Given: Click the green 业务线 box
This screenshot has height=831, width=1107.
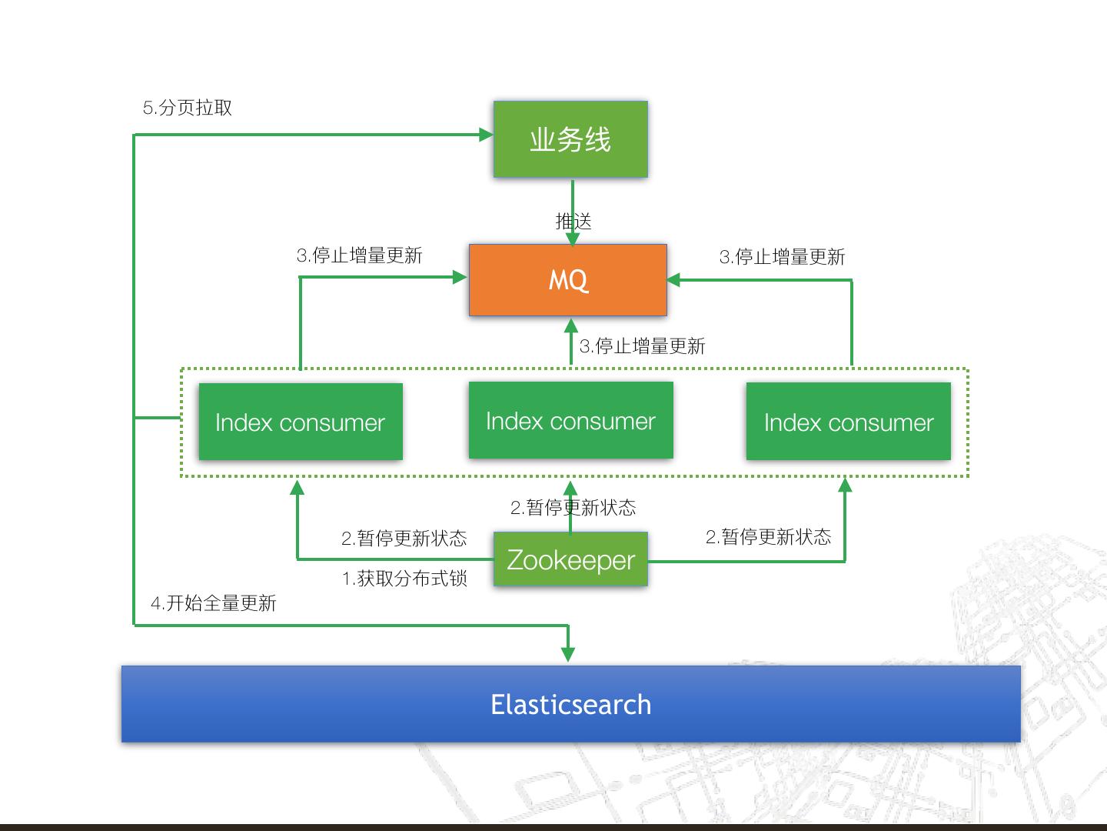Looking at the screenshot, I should pos(570,139).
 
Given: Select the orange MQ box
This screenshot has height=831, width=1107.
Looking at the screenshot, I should pos(568,280).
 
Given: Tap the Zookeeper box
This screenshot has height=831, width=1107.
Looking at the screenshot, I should pos(570,559).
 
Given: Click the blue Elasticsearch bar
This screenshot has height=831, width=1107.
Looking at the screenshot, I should pos(570,704).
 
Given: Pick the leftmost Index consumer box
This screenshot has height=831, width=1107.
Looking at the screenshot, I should pos(301,422).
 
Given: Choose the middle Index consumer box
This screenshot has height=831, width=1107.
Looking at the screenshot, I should pos(570,420).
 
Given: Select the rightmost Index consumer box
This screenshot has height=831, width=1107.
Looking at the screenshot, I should pos(848,422).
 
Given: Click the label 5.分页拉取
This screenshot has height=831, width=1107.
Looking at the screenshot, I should pos(188,108).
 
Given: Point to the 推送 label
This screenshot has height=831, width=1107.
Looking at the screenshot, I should pos(573,222).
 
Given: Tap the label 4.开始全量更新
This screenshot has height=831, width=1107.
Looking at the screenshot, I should pos(214,603).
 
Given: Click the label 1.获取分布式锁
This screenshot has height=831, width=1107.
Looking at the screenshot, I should pos(404,578).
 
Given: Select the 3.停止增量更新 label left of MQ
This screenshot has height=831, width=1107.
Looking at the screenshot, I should pos(360,255).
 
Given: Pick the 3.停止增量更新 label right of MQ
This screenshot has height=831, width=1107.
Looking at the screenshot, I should pos(783,257).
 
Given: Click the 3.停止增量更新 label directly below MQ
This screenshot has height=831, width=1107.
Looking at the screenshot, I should pos(643,346).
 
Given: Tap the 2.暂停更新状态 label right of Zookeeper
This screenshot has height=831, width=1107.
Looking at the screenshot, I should pos(769,537).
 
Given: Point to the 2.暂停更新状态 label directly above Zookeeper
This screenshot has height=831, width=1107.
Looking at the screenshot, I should pos(573,508).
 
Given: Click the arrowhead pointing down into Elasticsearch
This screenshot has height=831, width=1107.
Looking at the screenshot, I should pos(568,654).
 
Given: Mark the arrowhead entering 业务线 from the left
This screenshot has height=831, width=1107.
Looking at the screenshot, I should pos(486,135).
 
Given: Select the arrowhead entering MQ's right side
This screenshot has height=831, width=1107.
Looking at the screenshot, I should pos(674,280).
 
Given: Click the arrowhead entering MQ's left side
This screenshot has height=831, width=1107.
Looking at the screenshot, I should pos(461,277).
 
